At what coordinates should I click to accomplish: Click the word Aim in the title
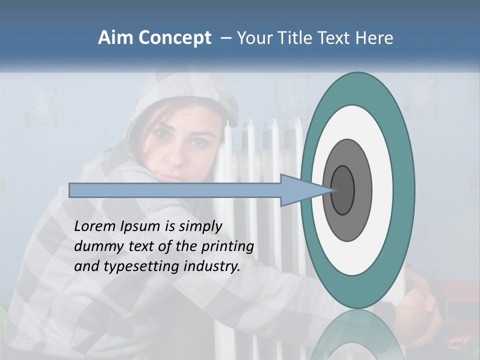click(x=115, y=38)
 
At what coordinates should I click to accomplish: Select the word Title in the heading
click(x=294, y=38)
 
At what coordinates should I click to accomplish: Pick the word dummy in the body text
click(x=96, y=246)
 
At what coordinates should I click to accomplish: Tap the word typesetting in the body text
click(x=148, y=267)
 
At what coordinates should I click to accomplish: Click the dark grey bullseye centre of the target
click(x=342, y=190)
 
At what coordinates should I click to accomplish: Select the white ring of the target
click(x=382, y=190)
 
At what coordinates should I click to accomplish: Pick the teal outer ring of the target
click(x=404, y=190)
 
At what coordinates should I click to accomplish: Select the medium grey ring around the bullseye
click(x=363, y=190)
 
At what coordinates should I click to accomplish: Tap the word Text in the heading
click(x=336, y=38)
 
